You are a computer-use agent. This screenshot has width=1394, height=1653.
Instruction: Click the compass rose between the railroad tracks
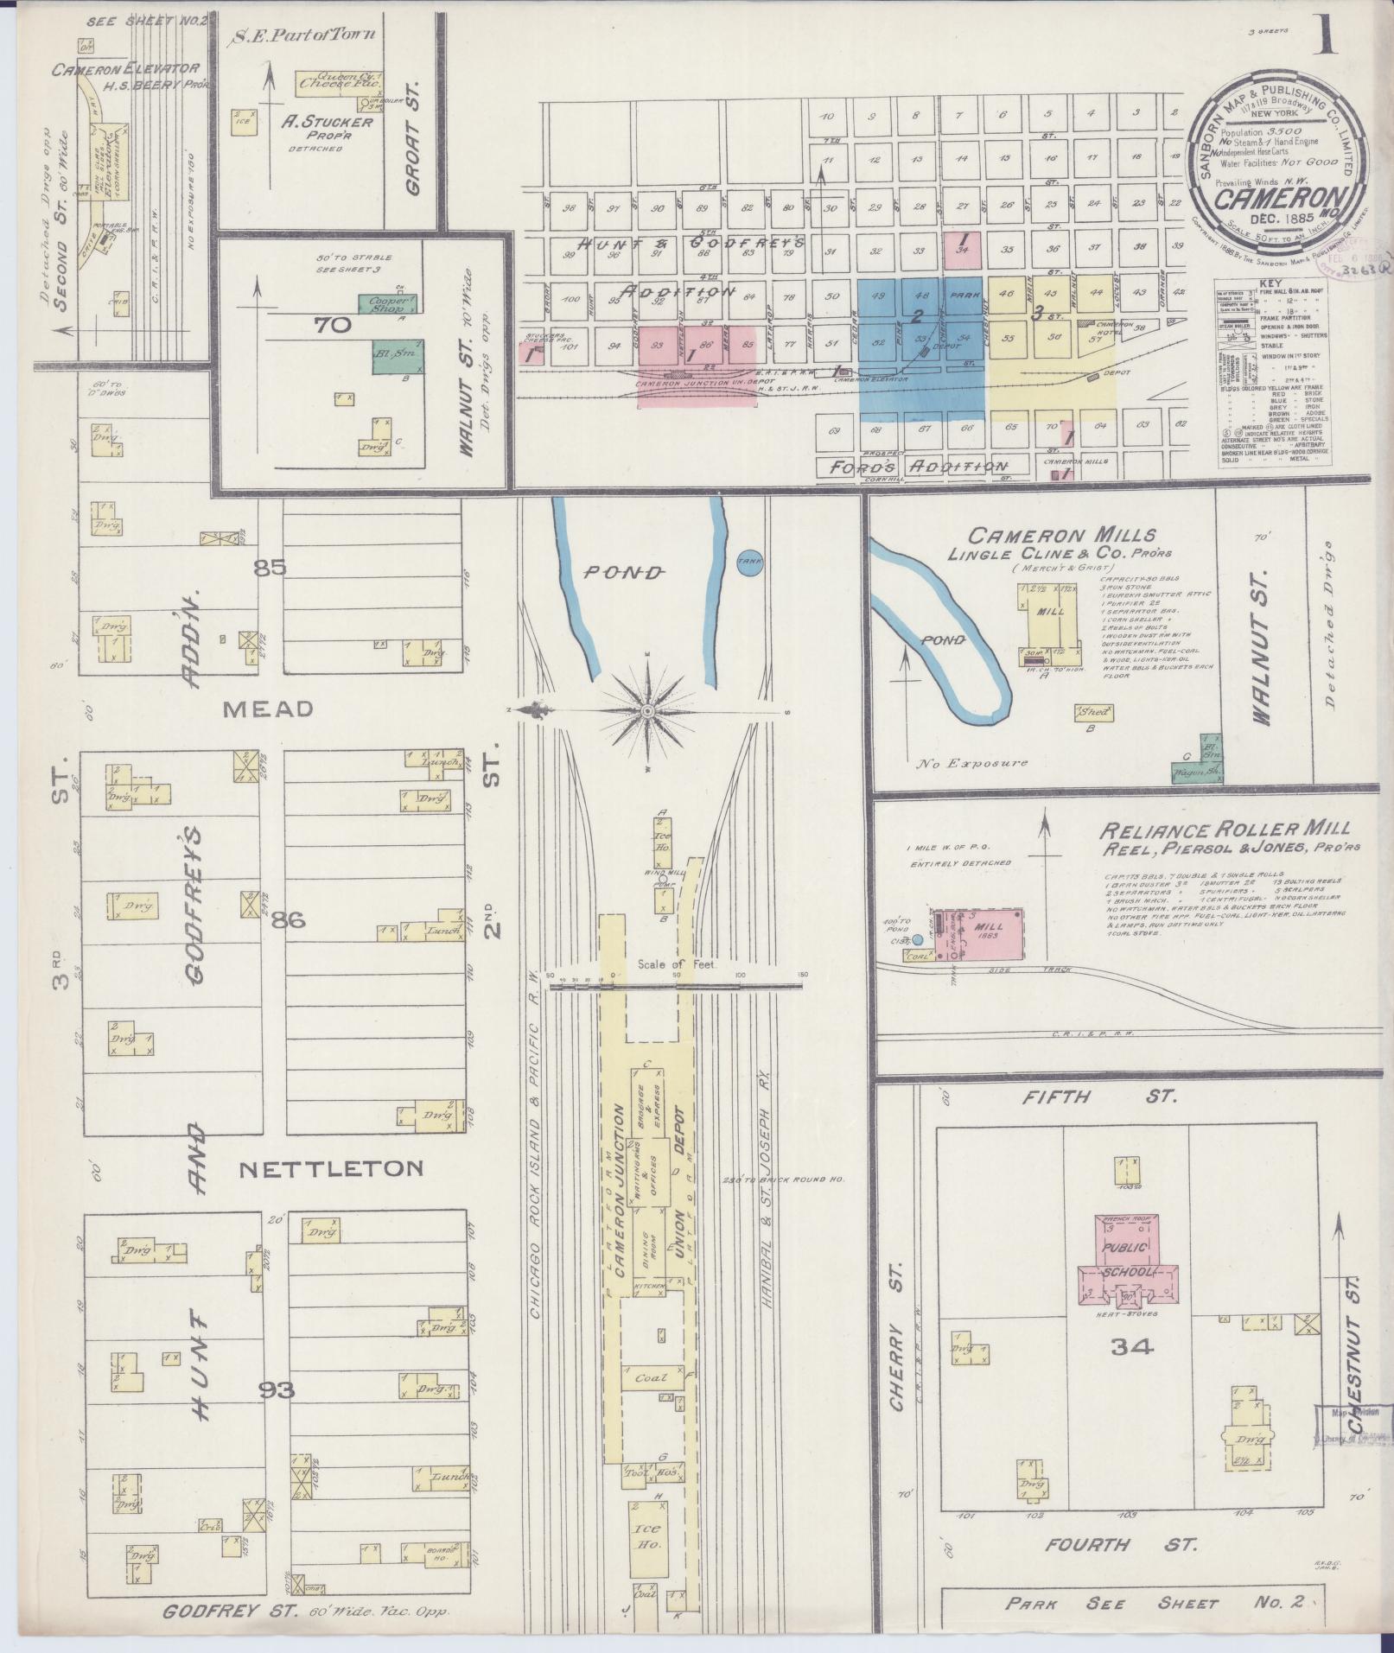[647, 710]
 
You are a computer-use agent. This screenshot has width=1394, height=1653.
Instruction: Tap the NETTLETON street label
[331, 1168]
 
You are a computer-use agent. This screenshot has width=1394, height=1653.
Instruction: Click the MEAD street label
[268, 709]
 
